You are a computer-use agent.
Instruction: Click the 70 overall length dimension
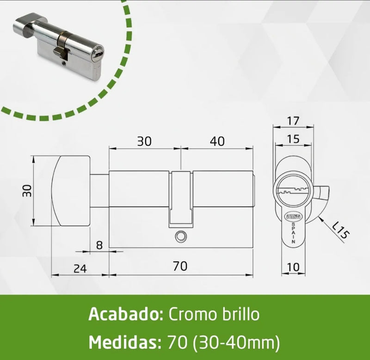click(180, 266)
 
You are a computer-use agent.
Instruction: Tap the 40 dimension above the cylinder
click(217, 141)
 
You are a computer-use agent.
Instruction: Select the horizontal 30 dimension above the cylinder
click(144, 141)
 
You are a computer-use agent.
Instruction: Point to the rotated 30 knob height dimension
click(27, 191)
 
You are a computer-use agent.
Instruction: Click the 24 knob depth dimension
click(80, 268)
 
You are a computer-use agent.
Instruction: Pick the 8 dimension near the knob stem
click(99, 245)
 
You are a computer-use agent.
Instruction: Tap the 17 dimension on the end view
click(293, 121)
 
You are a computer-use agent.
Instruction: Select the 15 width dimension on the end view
click(293, 139)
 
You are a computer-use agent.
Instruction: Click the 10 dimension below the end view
click(293, 268)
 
